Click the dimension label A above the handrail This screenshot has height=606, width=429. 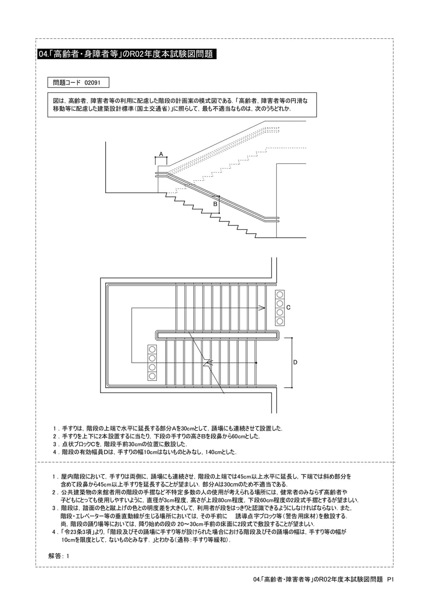pyautogui.click(x=161, y=154)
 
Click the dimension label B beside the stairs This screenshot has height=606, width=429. pyautogui.click(x=215, y=204)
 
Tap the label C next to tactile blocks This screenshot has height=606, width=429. pyautogui.click(x=288, y=308)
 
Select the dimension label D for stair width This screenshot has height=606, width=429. pyautogui.click(x=295, y=362)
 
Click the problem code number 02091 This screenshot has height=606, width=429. pyautogui.click(x=92, y=83)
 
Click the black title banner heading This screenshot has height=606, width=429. pyautogui.click(x=127, y=54)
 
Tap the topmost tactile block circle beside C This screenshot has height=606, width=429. pyautogui.click(x=280, y=294)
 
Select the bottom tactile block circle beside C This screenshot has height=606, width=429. pyautogui.click(x=280, y=321)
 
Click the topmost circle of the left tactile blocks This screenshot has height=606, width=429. pyautogui.click(x=152, y=349)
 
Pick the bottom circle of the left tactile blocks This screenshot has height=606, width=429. pyautogui.click(x=152, y=376)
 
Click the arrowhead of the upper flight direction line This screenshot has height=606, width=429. pyautogui.click(x=262, y=308)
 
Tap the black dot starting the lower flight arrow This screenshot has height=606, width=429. pyautogui.click(x=256, y=363)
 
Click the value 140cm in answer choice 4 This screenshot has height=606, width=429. pyautogui.click(x=213, y=452)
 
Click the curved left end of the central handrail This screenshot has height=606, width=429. pyautogui.click(x=156, y=335)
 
